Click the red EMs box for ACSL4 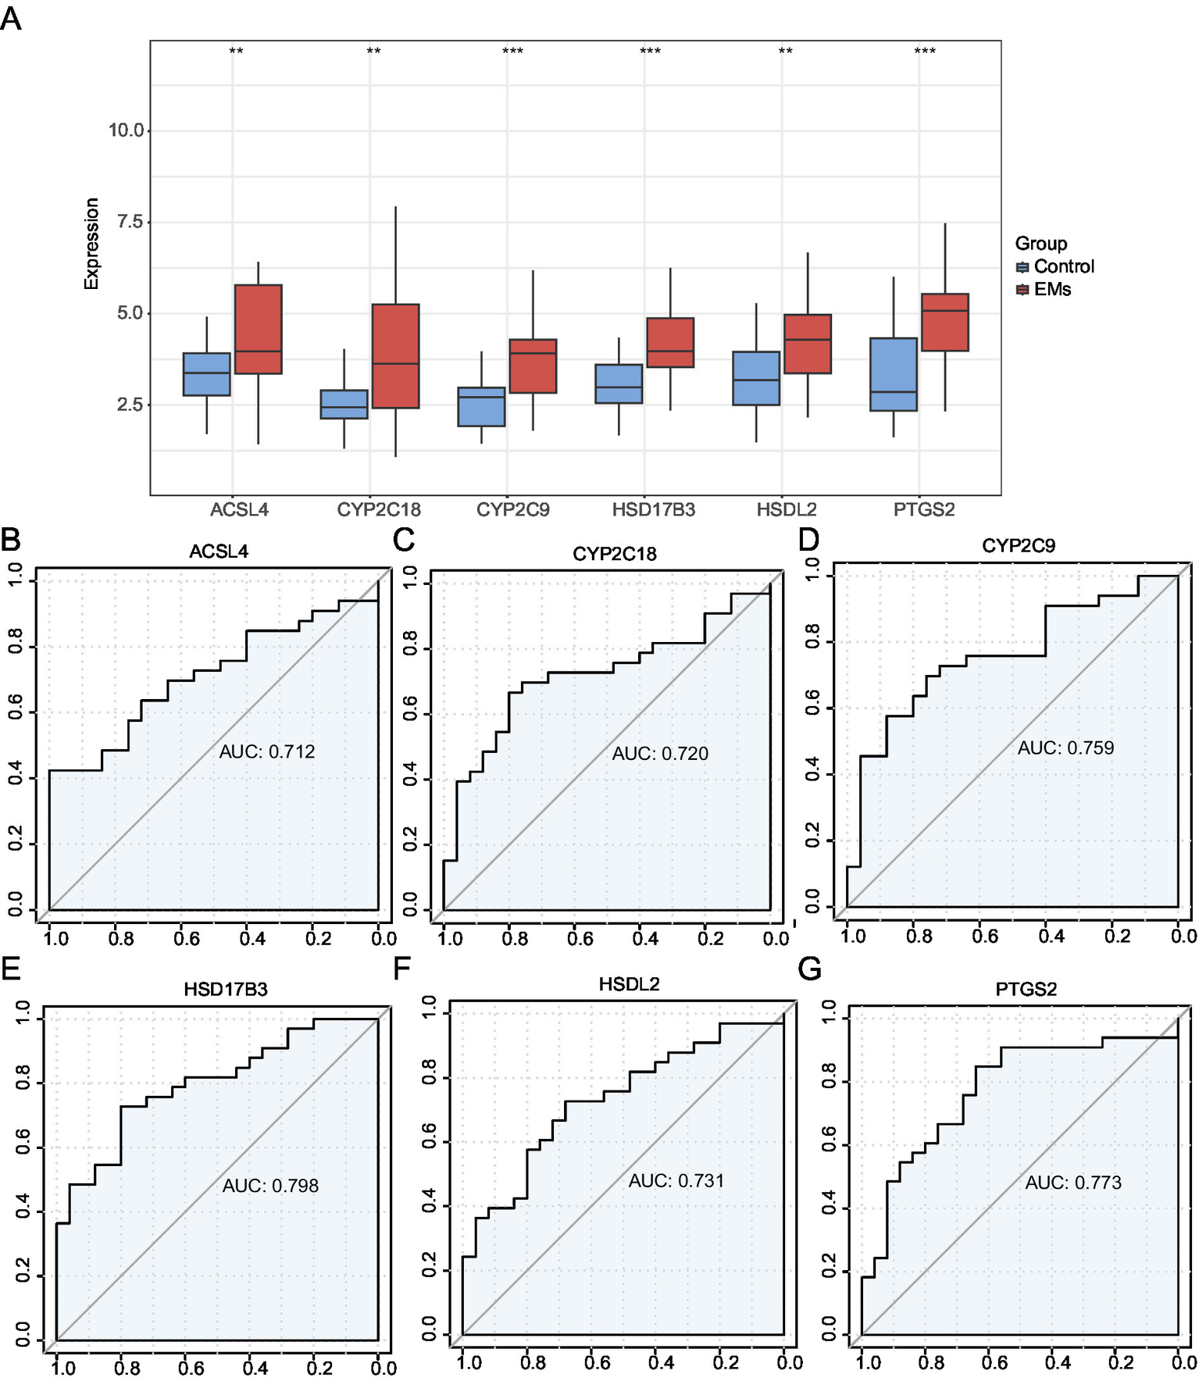click(x=258, y=329)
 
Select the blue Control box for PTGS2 click(x=894, y=374)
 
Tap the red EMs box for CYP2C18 click(x=395, y=355)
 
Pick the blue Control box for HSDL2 click(x=756, y=378)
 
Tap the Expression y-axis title click(x=92, y=244)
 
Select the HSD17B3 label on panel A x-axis click(x=653, y=510)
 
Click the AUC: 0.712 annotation click(x=267, y=751)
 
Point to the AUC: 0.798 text click(x=270, y=1186)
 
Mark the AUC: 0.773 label click(x=1073, y=1183)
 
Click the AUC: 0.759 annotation click(x=1065, y=748)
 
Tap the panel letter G click(x=810, y=969)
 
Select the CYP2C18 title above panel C click(x=615, y=554)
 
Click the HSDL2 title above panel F click(x=629, y=984)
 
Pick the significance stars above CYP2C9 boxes click(x=512, y=52)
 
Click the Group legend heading click(x=1040, y=244)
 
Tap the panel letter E click(x=11, y=969)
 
